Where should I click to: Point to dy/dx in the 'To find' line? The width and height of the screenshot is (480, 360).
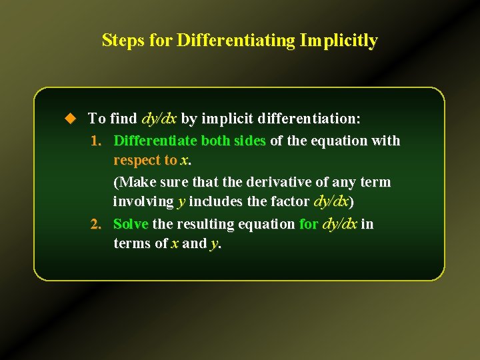[x=159, y=119]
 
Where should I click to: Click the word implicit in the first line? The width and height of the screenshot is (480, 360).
[x=226, y=119]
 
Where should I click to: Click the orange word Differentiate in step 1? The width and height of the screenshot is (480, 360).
[x=155, y=141]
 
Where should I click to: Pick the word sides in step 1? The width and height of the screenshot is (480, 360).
[x=249, y=141]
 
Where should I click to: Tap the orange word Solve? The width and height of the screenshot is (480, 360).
[x=131, y=224]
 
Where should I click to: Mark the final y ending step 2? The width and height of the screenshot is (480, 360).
[x=214, y=245]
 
